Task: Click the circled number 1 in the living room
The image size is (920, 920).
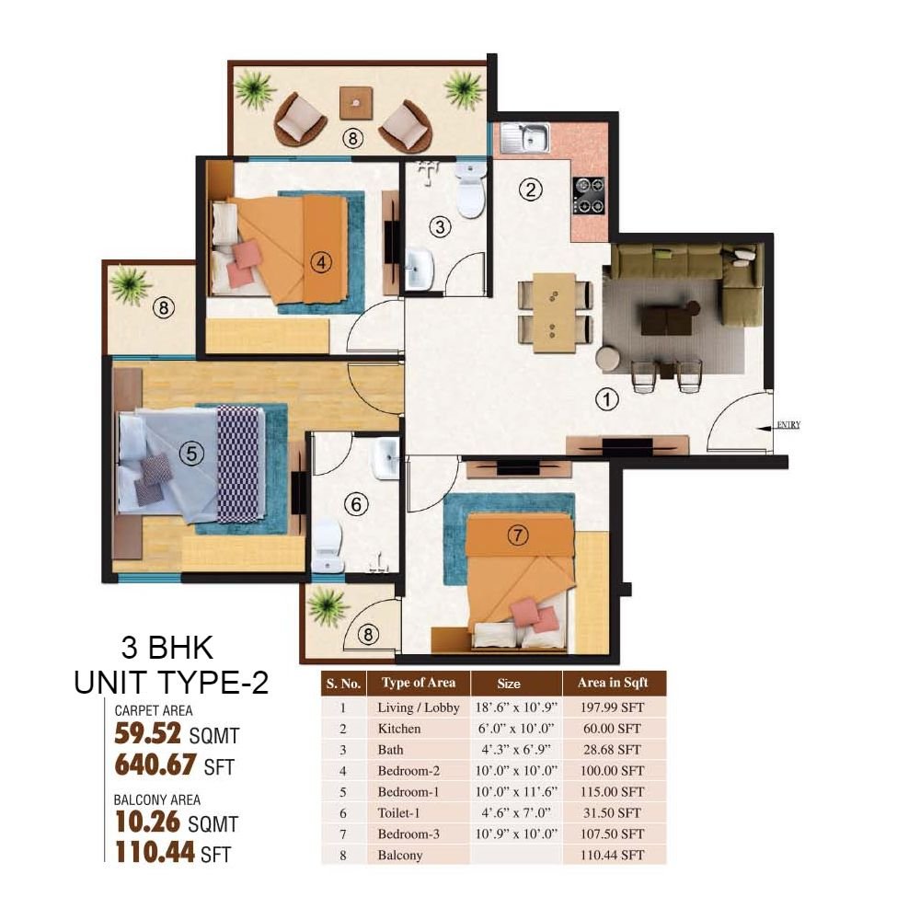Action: point(606,399)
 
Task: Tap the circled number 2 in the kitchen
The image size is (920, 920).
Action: point(531,190)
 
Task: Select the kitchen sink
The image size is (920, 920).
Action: point(525,138)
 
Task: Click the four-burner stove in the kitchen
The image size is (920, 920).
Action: point(589,195)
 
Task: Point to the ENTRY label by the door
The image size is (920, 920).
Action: point(788,424)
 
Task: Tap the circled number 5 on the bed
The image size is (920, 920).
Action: point(191,453)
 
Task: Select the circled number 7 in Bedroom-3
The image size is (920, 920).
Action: point(517,535)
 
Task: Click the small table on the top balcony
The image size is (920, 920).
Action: point(355,103)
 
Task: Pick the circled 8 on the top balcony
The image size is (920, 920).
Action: point(352,139)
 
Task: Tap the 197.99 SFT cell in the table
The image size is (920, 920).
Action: point(612,707)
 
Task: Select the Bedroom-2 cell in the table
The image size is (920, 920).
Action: point(408,770)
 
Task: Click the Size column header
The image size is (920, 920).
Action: point(509,684)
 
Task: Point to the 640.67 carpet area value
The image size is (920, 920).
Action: point(155,765)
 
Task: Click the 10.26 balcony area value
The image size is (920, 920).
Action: point(147,822)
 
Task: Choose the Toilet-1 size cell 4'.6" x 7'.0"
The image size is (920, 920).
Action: point(516,812)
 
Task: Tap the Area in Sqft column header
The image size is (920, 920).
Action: point(613,683)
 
